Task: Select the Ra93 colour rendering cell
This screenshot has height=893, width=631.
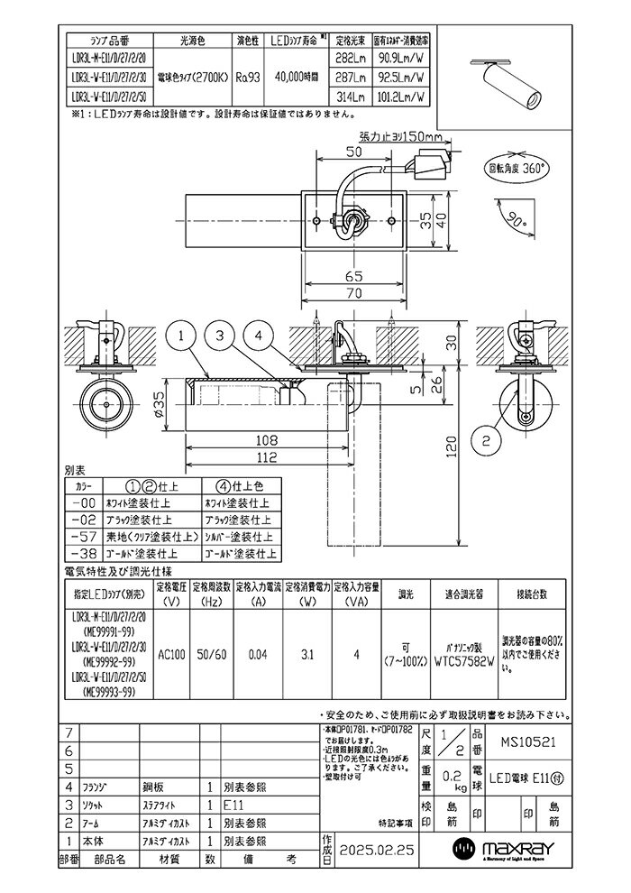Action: click(249, 78)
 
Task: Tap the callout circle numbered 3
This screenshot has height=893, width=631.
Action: click(219, 336)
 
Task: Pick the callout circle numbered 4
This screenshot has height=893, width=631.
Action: click(259, 336)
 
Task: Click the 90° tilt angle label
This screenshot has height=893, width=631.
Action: click(511, 218)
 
